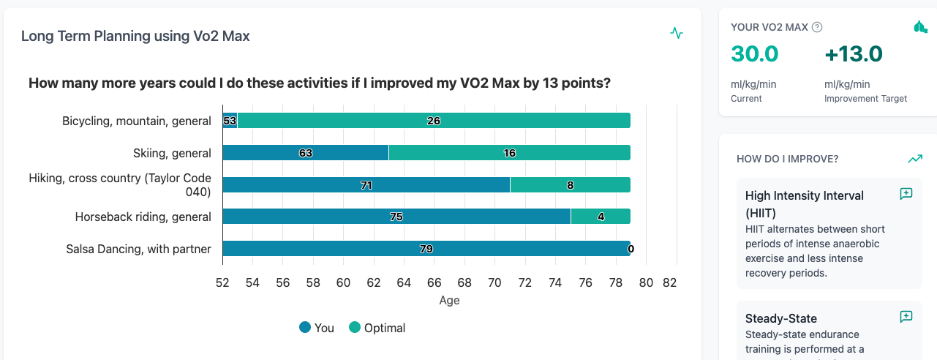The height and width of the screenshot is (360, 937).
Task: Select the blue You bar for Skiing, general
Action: [306, 153]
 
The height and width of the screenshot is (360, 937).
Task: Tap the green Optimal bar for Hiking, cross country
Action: [570, 185]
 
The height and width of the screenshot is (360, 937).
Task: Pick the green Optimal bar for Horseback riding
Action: [600, 217]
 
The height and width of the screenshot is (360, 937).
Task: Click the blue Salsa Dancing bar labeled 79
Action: [426, 249]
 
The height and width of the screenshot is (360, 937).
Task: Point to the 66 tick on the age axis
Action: [434, 283]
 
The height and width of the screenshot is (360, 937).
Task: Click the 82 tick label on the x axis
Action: [669, 283]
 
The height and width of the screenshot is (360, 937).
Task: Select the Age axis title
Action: [449, 300]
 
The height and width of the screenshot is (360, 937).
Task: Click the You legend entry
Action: [316, 328]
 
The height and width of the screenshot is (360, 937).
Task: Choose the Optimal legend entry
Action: [377, 328]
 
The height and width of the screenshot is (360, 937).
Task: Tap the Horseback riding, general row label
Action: [143, 217]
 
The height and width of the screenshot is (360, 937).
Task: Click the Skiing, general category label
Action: [172, 153]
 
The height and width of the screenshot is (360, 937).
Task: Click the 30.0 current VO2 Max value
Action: [754, 54]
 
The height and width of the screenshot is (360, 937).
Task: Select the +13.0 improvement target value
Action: [854, 54]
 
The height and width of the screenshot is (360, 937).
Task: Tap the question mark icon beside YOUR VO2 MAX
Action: [817, 27]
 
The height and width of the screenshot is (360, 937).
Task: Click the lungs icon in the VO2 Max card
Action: [920, 27]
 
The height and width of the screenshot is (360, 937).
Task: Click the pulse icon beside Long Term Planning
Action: [677, 33]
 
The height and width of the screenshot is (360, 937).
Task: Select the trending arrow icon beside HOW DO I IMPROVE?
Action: [915, 158]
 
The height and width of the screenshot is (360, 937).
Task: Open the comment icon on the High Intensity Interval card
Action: [906, 194]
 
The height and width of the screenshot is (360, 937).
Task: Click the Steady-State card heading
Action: [780, 318]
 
